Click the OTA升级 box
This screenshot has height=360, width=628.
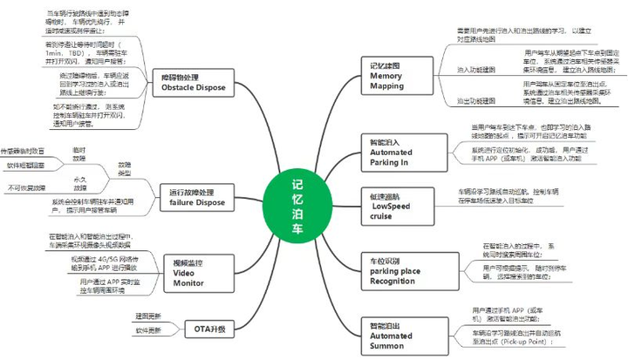pos(208,329)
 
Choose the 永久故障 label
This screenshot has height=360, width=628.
pos(79,182)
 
